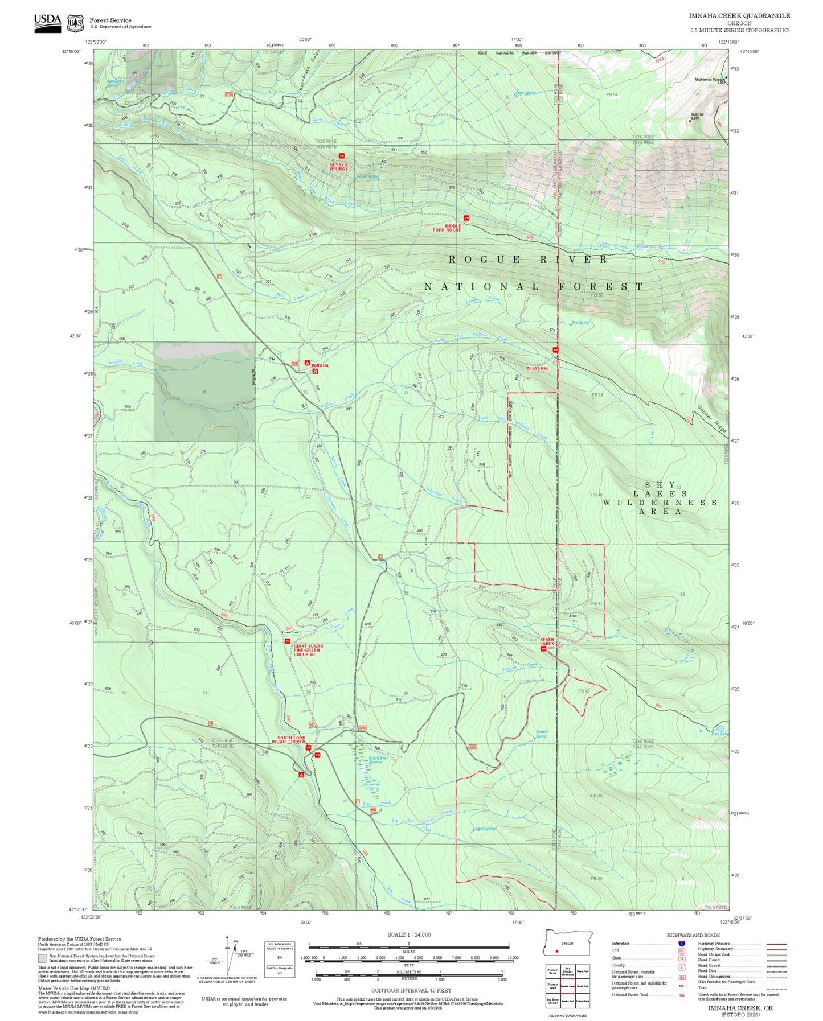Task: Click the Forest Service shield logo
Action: coord(75,23)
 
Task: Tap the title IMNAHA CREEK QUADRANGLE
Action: coord(739,15)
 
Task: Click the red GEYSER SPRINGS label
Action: coord(338,166)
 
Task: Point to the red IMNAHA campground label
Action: coord(320,365)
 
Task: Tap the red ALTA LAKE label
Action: coord(537,368)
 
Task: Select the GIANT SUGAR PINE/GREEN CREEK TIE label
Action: coord(308,650)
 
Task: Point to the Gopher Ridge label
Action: coord(711,419)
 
